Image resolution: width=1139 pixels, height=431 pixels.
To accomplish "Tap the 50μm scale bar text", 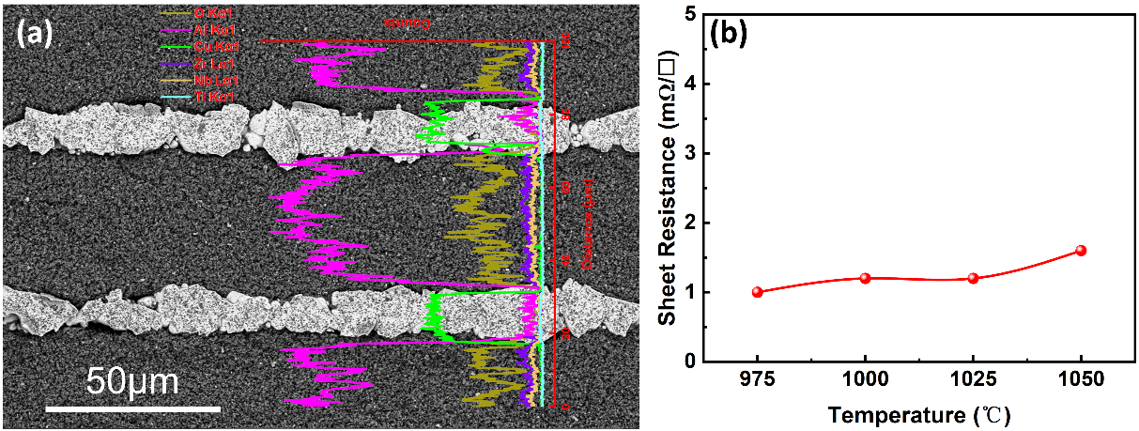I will tap(132, 383).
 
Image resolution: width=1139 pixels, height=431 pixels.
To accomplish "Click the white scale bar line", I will tap(132, 408).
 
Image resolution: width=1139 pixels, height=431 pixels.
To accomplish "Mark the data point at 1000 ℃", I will tap(866, 278).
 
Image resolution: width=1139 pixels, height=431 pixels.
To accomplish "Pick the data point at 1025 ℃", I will tap(973, 278).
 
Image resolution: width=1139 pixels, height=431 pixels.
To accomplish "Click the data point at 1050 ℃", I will tap(1081, 251).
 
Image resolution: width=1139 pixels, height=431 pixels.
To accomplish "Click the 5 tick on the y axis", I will tap(690, 15).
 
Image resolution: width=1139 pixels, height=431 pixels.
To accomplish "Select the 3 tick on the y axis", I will tap(690, 153).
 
